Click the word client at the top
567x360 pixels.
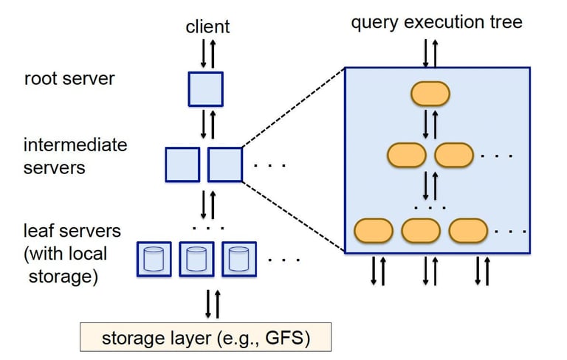tap(207, 27)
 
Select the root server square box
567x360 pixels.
tap(205, 87)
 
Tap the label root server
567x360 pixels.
tap(69, 78)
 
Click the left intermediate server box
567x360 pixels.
tap(182, 165)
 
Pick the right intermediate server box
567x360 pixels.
tap(225, 165)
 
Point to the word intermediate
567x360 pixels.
tap(75, 145)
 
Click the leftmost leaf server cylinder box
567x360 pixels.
tap(154, 258)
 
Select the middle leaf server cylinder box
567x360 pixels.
tap(196, 258)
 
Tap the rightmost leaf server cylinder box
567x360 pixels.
tap(238, 258)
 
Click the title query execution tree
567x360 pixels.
tap(436, 22)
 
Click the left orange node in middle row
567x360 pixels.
tap(407, 155)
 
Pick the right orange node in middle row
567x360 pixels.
tap(454, 155)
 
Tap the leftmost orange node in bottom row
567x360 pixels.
tap(374, 230)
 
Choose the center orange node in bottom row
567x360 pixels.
tap(421, 230)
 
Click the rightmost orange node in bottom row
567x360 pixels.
tap(468, 230)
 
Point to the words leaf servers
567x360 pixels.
tap(72, 232)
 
